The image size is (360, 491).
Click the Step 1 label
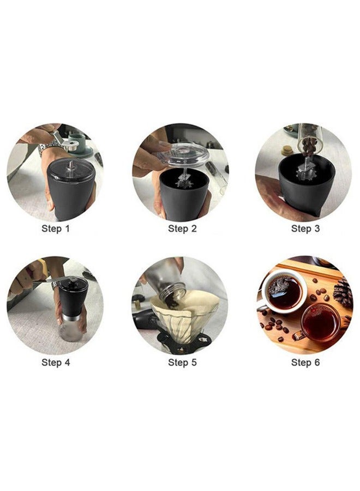[x=56, y=229]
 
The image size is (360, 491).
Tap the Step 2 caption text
[x=182, y=229]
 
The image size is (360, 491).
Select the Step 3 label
[x=305, y=229]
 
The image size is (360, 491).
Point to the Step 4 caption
[x=56, y=363]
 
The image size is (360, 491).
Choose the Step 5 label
[x=182, y=363]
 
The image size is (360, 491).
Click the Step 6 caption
[x=305, y=363]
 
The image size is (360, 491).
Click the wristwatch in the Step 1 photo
[x=47, y=148]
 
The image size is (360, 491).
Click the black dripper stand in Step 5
[x=182, y=342]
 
